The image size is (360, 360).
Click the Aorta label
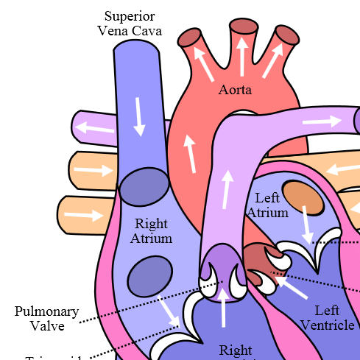(235, 91)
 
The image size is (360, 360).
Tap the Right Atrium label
(151, 230)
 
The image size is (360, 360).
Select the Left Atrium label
(267, 205)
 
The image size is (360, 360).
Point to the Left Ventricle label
(328, 317)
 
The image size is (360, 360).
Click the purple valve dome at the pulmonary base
(222, 262)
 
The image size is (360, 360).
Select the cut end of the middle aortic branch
(242, 27)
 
